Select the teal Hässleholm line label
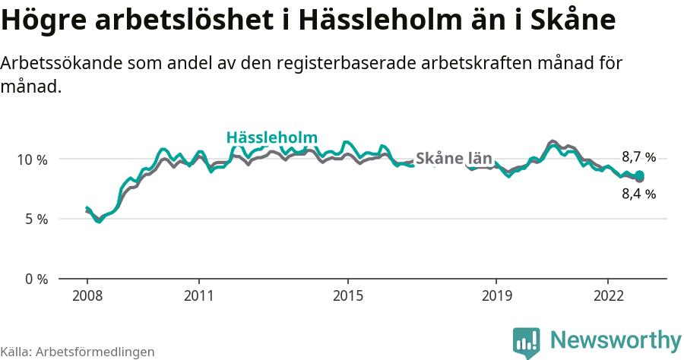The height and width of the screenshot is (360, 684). (271, 137)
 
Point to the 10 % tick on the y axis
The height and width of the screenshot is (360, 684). (33, 159)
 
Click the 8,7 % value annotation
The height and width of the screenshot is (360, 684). (638, 157)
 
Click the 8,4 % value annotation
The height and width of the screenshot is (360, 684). (638, 194)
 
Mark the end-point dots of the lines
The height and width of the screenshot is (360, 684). (639, 176)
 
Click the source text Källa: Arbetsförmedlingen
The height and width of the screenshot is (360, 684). (78, 352)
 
